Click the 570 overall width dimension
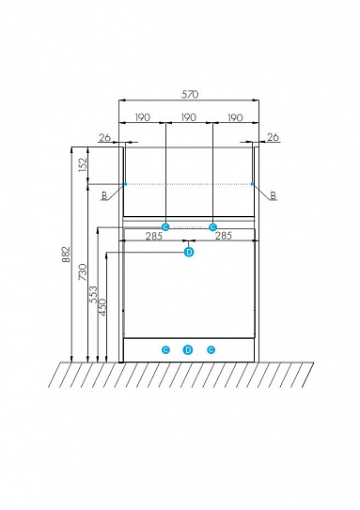(x=190, y=94)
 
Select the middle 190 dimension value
(x=189, y=117)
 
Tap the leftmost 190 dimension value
(x=143, y=117)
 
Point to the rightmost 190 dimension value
(x=235, y=117)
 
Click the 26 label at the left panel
(x=105, y=138)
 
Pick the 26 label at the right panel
(x=274, y=137)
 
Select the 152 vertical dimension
(x=83, y=164)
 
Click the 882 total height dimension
(x=66, y=255)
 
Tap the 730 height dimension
(x=83, y=272)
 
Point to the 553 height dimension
(x=93, y=294)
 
